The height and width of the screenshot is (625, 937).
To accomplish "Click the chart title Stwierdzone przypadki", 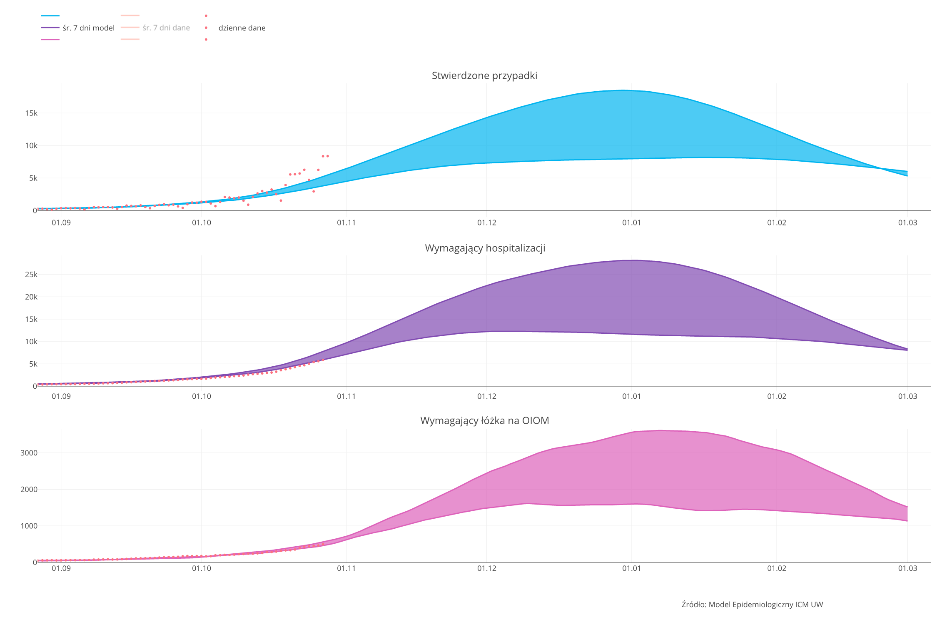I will click(484, 75).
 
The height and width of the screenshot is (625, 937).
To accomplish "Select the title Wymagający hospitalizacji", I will click(485, 248).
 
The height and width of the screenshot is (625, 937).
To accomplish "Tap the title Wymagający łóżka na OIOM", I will click(484, 420).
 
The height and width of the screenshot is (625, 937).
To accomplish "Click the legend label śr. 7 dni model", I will click(88, 28).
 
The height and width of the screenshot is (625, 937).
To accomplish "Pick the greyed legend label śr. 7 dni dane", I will click(166, 28).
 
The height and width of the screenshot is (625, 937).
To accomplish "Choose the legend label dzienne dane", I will click(242, 28).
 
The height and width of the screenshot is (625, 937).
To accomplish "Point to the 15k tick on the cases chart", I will click(31, 113).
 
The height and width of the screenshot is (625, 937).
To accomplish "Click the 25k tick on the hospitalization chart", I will click(31, 275).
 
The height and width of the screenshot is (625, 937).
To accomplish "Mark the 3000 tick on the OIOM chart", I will click(29, 453).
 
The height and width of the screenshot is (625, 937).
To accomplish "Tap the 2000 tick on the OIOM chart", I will click(29, 490).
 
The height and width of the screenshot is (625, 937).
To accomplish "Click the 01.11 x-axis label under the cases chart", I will click(346, 223).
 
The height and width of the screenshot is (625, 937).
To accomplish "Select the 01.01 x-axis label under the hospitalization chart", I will click(631, 396).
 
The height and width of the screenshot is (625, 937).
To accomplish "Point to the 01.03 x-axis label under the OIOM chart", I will click(907, 568).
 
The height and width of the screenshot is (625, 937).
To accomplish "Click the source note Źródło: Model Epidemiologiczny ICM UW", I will click(752, 605).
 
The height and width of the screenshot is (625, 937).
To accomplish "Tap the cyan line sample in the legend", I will click(50, 16).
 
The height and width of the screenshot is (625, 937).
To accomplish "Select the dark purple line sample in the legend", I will click(50, 28).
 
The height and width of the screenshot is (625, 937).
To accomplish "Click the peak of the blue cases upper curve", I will click(623, 90).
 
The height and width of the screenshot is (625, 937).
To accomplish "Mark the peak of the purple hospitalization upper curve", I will click(633, 260).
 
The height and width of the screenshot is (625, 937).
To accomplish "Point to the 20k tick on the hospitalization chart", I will click(31, 297).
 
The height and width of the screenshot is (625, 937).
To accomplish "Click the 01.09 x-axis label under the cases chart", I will click(61, 223).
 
